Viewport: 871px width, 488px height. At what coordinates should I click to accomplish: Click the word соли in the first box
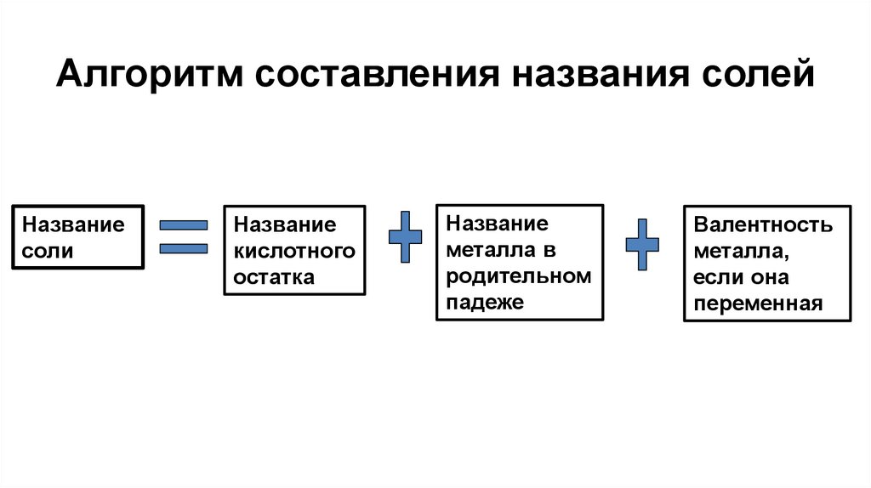[x=48, y=251]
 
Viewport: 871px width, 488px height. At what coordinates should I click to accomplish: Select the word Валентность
[x=763, y=225]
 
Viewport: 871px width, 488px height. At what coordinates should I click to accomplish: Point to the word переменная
[x=758, y=304]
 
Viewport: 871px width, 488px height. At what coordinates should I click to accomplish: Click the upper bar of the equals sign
[x=184, y=225]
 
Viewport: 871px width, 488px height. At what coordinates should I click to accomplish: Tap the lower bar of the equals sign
[x=184, y=248]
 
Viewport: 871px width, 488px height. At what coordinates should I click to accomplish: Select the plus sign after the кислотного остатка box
[x=405, y=236]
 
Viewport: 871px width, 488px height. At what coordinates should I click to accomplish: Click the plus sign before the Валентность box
[x=642, y=244]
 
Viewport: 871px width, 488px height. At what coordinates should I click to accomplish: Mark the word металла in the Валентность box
[x=738, y=251]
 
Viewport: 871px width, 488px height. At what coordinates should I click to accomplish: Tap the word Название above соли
[x=73, y=225]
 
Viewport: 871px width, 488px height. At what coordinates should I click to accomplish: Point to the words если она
[x=741, y=277]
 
